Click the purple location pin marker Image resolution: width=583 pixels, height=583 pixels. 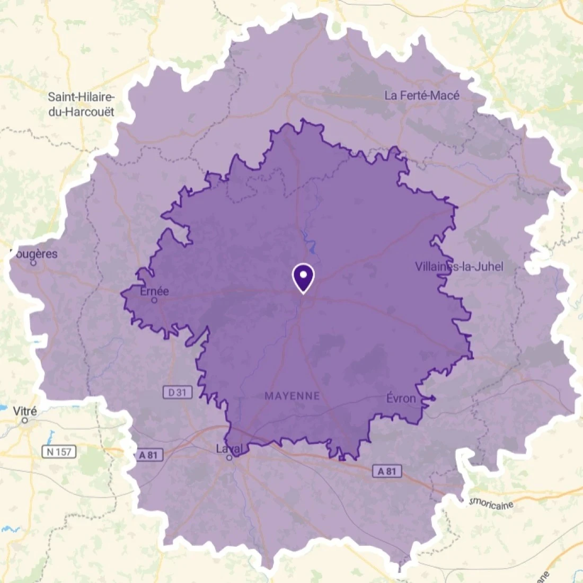click(x=304, y=277)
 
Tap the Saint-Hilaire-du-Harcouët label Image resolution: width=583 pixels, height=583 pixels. click(x=81, y=104)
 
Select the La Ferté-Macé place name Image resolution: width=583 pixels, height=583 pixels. click(x=422, y=95)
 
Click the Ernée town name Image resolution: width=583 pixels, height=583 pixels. click(x=154, y=291)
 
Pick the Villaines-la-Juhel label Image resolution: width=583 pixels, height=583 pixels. click(x=459, y=266)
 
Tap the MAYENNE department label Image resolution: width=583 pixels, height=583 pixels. click(x=292, y=396)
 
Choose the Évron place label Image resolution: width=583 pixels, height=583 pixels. click(x=401, y=399)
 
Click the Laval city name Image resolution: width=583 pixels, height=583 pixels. click(x=229, y=449)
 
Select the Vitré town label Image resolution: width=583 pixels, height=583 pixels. click(x=25, y=411)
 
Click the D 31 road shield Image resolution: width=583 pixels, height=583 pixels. click(x=177, y=393)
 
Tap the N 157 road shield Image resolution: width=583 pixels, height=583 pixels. click(x=59, y=452)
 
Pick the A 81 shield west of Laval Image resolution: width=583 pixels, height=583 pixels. click(x=148, y=455)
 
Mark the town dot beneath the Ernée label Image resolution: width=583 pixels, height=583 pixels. click(x=154, y=300)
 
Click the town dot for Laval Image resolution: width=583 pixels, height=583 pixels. click(x=229, y=457)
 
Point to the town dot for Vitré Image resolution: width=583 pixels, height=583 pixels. click(x=24, y=420)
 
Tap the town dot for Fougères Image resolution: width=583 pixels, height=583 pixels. click(x=33, y=262)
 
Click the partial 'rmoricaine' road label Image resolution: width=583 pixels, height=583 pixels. click(x=490, y=503)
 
